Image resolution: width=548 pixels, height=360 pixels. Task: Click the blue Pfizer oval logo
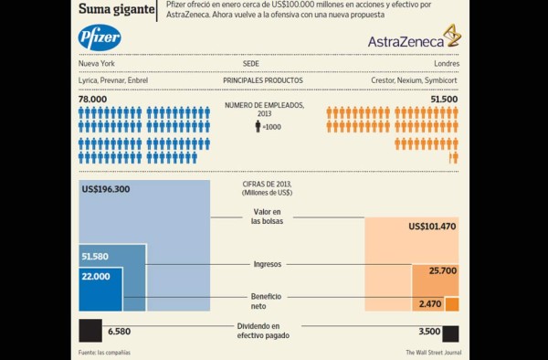pyautogui.click(x=100, y=38)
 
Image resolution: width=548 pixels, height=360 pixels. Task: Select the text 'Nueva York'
pyautogui.click(x=98, y=65)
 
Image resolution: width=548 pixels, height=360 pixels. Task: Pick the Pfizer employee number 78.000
pyautogui.click(x=92, y=99)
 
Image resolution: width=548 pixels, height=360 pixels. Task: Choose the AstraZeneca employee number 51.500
pyautogui.click(x=444, y=99)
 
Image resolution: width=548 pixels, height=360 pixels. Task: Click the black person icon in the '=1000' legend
pyautogui.click(x=258, y=127)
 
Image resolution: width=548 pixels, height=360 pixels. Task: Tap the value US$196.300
pyautogui.click(x=106, y=190)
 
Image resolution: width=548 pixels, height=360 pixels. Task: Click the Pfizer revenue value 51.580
pyautogui.click(x=95, y=257)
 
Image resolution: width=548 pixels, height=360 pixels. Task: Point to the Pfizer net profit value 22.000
pyautogui.click(x=95, y=276)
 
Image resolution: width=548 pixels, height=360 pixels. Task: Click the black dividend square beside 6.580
pyautogui.click(x=90, y=330)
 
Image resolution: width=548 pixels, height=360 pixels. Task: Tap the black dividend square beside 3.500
pyautogui.click(x=450, y=332)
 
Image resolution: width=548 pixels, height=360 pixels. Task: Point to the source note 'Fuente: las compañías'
pyautogui.click(x=103, y=353)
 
